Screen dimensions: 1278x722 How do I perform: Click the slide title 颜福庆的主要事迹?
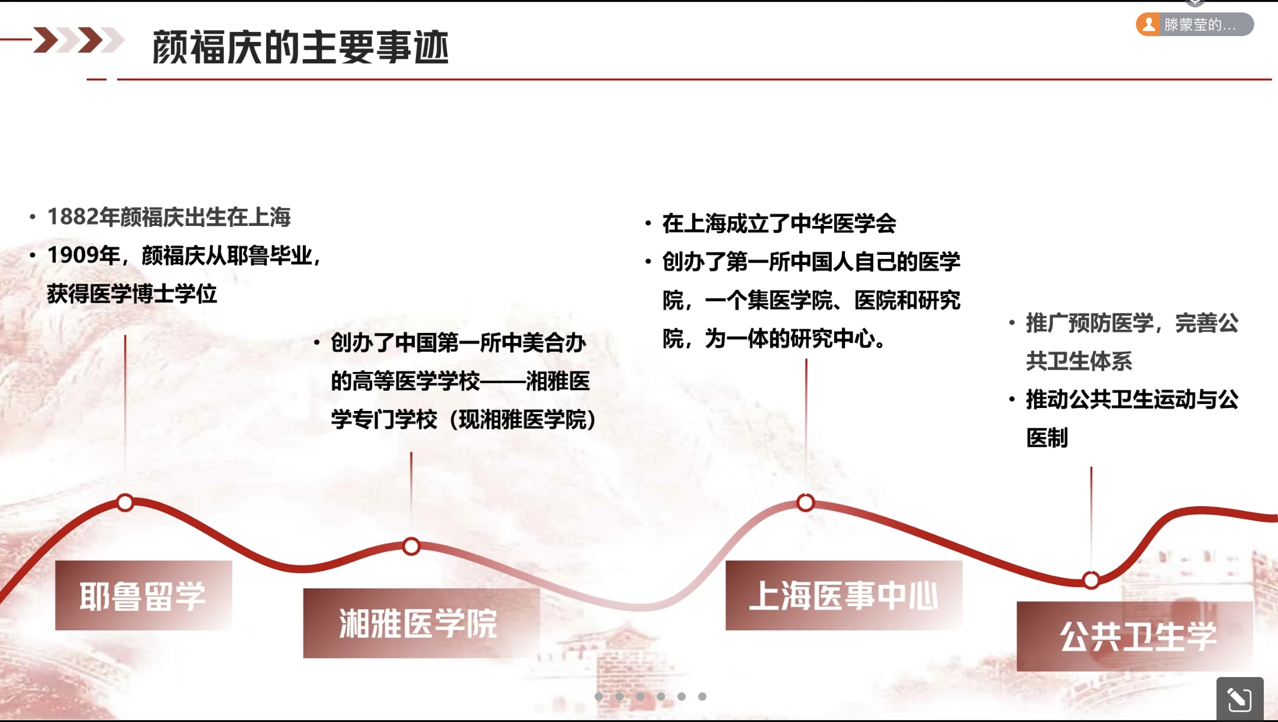[301, 47]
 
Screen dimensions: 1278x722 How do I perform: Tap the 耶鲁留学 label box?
[144, 595]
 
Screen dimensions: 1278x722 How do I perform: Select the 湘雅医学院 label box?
[421, 623]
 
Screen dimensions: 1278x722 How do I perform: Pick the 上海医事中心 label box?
[844, 595]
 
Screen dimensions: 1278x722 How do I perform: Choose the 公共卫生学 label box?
[1135, 636]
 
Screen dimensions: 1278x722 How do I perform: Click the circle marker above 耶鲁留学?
[125, 503]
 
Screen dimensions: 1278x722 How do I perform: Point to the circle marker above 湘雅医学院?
[411, 546]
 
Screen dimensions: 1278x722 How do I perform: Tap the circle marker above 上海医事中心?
[805, 503]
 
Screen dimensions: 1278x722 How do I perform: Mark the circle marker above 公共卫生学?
[1092, 580]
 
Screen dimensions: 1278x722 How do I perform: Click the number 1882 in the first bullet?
[73, 217]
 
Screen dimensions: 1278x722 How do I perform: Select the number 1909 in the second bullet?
[73, 255]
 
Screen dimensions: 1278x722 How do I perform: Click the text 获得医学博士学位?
[132, 294]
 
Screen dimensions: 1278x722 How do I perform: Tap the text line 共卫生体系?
[1079, 361]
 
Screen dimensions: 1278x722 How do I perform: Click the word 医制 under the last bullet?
[1047, 438]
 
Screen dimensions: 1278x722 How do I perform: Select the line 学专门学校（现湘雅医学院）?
[464, 420]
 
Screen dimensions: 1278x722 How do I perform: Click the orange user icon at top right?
[1149, 24]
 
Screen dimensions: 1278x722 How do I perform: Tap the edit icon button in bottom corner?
[1240, 700]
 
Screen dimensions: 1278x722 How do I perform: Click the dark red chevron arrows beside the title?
[79, 40]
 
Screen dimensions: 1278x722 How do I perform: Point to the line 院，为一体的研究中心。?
[774, 339]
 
